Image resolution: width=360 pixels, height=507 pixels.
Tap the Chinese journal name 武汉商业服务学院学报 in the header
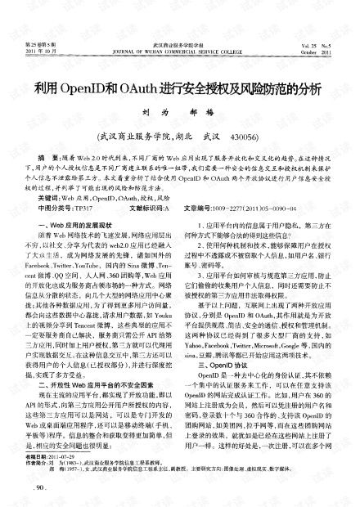tap(179, 44)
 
